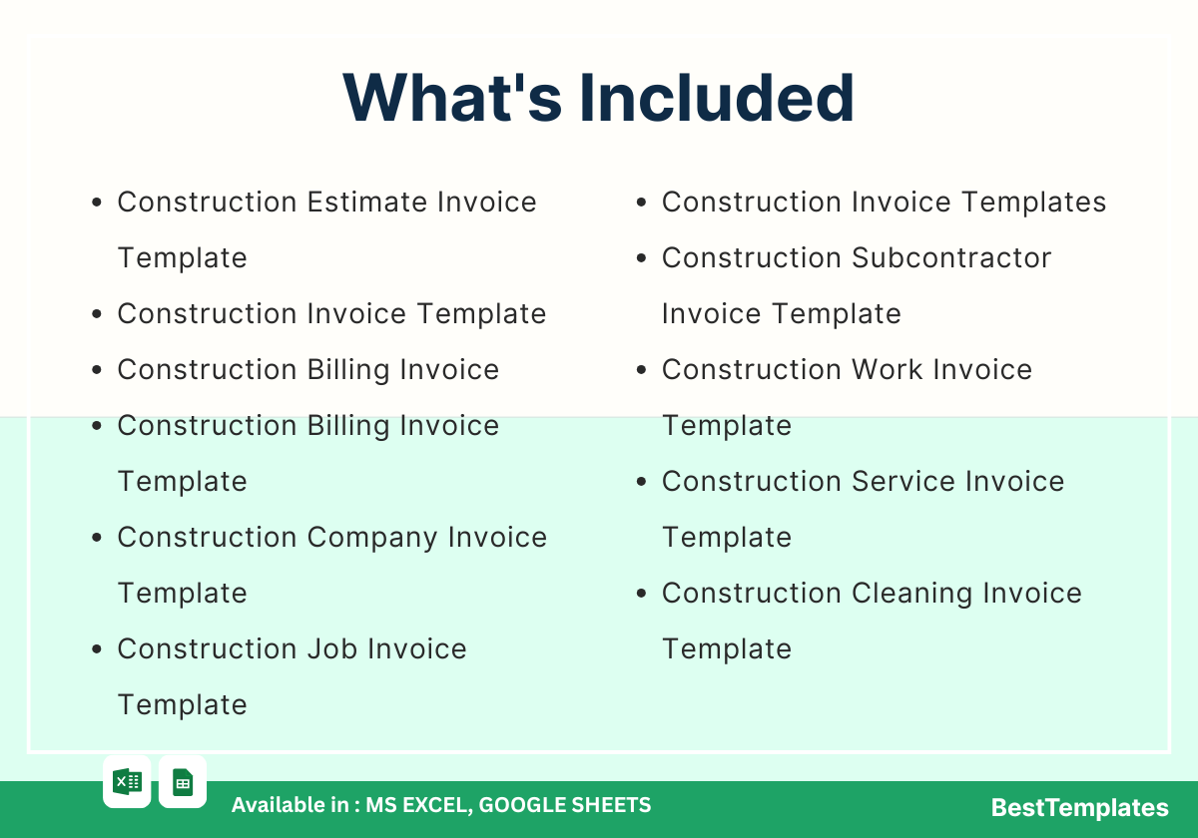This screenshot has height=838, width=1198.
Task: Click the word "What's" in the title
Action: [452, 99]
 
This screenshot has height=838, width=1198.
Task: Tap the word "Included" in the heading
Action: [717, 99]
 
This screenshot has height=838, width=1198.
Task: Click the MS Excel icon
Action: [127, 782]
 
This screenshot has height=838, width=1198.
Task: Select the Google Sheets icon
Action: [183, 782]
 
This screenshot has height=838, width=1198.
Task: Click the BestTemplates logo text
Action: [1079, 807]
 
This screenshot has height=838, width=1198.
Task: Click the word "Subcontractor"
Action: [950, 257]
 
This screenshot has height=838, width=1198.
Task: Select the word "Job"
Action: [332, 648]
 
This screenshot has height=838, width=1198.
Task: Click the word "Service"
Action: [902, 481]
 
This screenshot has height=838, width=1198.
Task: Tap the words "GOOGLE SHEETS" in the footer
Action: [565, 805]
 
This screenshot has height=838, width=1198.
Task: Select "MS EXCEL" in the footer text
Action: [418, 805]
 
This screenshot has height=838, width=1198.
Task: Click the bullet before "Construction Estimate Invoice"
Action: [97, 202]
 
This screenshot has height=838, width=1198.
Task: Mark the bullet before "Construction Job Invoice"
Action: [97, 648]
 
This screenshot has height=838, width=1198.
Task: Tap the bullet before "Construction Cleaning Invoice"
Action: [641, 594]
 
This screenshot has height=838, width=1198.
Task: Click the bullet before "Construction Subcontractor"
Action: [641, 258]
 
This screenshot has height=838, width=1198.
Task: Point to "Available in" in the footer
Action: [290, 805]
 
